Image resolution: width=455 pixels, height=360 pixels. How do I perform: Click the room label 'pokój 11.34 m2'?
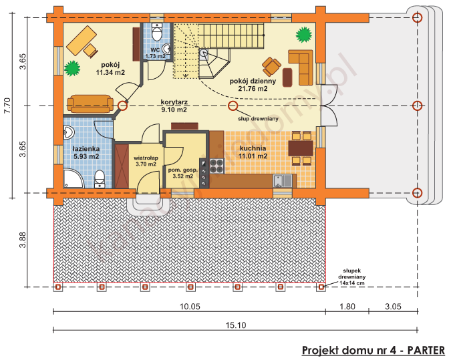click(x=110, y=67)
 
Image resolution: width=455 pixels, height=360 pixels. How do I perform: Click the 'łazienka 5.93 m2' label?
click(x=86, y=152)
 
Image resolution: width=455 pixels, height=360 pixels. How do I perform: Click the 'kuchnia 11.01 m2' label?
click(x=254, y=152)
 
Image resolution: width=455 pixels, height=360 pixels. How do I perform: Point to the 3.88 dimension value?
click(x=22, y=240)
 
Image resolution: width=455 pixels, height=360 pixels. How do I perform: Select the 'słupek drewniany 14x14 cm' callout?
click(x=351, y=274)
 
